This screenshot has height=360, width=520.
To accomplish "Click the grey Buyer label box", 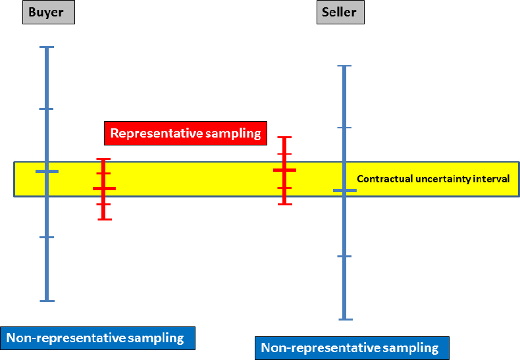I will click(x=48, y=13).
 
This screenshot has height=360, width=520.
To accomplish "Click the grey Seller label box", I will click(x=340, y=13).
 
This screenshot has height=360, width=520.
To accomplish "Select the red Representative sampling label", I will click(x=186, y=134).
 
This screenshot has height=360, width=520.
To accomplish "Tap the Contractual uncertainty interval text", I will click(x=433, y=178).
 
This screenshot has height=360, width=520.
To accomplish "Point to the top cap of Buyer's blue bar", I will click(x=47, y=47).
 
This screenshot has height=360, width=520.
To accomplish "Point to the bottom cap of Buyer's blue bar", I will click(x=47, y=301).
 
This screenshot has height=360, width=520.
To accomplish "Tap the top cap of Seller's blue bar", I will click(x=344, y=66).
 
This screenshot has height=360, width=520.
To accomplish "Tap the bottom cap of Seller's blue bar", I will click(x=344, y=319).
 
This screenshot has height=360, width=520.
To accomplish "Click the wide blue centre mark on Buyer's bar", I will click(x=47, y=171).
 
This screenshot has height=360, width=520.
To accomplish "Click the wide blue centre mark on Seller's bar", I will click(x=344, y=190).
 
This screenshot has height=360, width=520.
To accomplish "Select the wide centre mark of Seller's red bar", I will click(x=284, y=170).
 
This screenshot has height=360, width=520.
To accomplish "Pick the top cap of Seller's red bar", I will click(x=284, y=138).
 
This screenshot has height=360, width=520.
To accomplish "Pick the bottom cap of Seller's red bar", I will click(x=284, y=204).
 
